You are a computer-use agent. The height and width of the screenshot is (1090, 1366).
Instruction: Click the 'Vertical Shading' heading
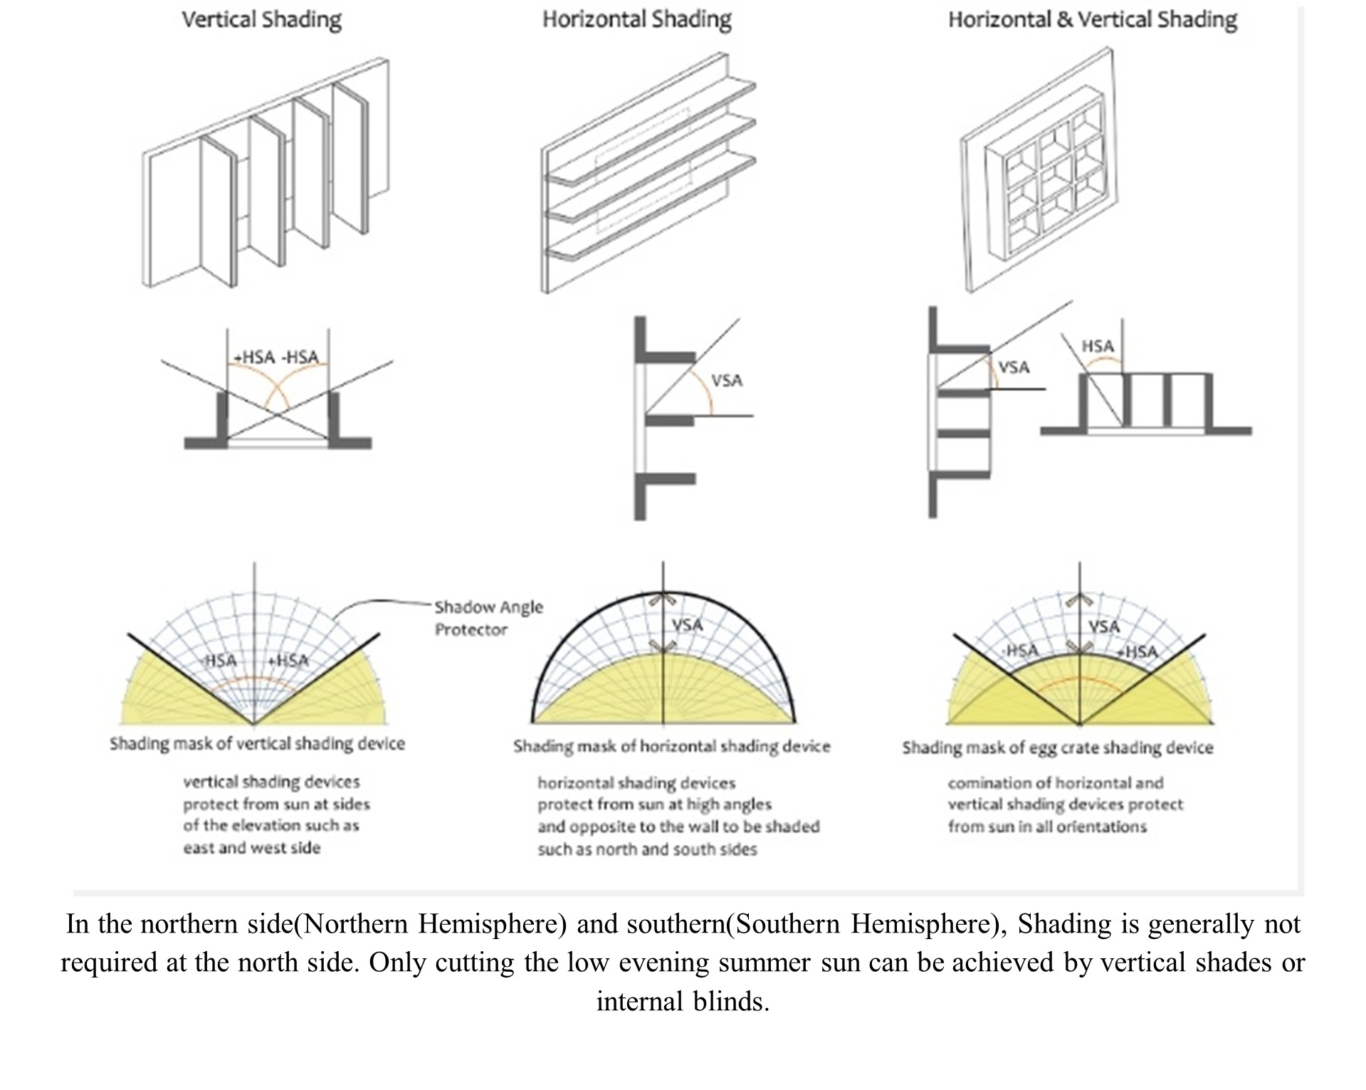pos(261,19)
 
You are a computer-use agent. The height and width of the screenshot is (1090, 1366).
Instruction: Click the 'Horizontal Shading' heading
pos(636,19)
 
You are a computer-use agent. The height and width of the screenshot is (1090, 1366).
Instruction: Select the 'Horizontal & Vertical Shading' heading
pos(1092,19)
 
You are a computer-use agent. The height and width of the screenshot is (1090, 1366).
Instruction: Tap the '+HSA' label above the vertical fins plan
pos(254,357)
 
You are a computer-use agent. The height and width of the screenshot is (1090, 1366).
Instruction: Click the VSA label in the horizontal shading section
pos(726,380)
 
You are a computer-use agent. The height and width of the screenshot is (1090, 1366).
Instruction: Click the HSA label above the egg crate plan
pos(1097,346)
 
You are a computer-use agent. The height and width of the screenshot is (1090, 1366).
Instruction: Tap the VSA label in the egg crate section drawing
pos(1013,367)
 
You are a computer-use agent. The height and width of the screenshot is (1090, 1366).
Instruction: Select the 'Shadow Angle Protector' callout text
pos(488,618)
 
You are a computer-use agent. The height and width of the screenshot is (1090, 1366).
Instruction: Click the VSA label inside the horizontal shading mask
pos(687,625)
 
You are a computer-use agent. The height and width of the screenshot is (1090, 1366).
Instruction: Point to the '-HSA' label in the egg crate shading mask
pos(1020,650)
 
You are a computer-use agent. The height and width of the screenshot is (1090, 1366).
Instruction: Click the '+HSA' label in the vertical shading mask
pos(288,661)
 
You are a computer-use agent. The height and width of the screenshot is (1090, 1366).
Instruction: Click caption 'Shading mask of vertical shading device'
pos(257,743)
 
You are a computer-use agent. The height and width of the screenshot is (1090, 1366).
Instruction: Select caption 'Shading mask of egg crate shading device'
pos(1057,748)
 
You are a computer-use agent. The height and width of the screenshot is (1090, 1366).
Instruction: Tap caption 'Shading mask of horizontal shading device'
pos(671,746)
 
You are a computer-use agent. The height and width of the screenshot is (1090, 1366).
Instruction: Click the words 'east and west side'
pos(251,848)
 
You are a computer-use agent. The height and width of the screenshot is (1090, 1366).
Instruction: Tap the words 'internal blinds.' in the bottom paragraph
pos(683,1001)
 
